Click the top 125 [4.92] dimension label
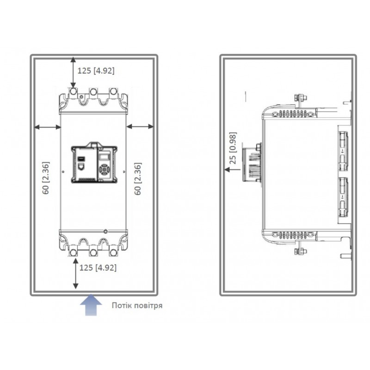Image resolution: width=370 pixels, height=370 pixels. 96,71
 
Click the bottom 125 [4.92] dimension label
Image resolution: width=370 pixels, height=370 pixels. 98,268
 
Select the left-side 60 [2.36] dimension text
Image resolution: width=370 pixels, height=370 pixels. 46,178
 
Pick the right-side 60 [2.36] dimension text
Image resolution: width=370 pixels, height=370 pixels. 138,179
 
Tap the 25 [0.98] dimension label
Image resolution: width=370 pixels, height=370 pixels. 233,148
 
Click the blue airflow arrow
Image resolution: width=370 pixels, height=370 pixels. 91,304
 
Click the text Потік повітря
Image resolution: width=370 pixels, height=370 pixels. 137,305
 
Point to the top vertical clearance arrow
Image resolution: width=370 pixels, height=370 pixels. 74,73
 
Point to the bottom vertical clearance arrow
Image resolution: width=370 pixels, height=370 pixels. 75,273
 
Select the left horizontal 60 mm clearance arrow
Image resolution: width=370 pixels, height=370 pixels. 48,127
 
